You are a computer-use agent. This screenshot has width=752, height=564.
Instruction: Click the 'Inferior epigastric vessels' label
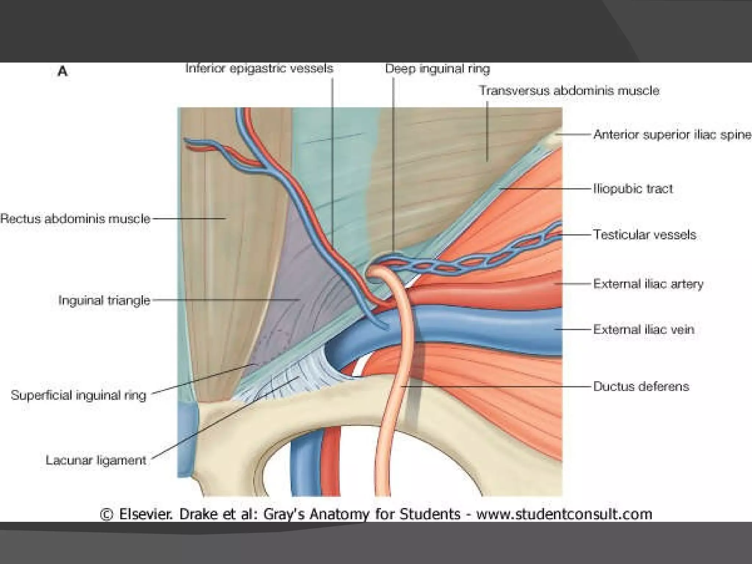(x=259, y=69)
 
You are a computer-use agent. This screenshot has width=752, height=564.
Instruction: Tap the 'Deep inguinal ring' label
(x=437, y=69)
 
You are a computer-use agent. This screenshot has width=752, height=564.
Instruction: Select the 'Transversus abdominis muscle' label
(x=569, y=91)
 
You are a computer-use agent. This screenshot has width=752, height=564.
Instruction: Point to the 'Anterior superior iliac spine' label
(x=672, y=135)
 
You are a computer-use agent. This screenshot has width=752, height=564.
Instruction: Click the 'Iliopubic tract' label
(x=633, y=189)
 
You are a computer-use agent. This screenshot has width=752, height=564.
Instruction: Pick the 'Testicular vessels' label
(x=645, y=235)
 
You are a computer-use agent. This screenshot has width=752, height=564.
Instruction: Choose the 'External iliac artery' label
(x=648, y=284)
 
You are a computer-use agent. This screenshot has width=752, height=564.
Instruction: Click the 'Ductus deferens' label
(x=641, y=386)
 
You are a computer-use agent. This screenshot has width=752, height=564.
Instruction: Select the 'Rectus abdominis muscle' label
(x=76, y=219)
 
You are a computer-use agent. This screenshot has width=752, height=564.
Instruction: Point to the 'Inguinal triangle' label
(x=105, y=300)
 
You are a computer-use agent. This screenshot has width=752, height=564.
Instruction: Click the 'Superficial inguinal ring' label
(x=79, y=395)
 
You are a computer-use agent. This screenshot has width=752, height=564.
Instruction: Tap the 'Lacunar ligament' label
(x=96, y=460)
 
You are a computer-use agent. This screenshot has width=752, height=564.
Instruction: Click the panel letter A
(x=62, y=71)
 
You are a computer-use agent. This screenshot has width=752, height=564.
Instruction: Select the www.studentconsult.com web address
(x=564, y=514)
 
